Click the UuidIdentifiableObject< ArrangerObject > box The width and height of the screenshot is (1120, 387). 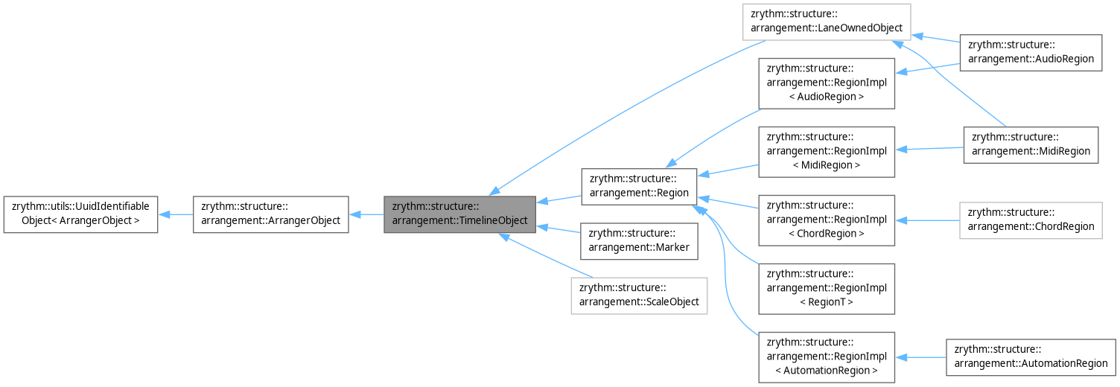point(80,214)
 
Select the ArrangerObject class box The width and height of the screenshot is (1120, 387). point(270,214)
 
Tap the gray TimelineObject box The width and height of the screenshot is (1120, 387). point(459,214)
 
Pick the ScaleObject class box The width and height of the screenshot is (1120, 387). point(638,295)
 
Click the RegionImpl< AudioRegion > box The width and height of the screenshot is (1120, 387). point(826,83)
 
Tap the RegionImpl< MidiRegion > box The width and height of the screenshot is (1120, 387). point(826,152)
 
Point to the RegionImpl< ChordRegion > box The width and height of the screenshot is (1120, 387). point(826,220)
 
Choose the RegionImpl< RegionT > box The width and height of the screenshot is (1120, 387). point(826,289)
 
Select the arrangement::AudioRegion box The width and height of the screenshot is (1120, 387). point(1030,53)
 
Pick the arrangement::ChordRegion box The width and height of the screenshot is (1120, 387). point(1030,220)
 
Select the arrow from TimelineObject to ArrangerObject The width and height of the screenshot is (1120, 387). point(366,214)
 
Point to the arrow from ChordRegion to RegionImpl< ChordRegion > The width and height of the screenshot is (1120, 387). point(927,220)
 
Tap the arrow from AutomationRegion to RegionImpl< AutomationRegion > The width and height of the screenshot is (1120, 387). point(920,357)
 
